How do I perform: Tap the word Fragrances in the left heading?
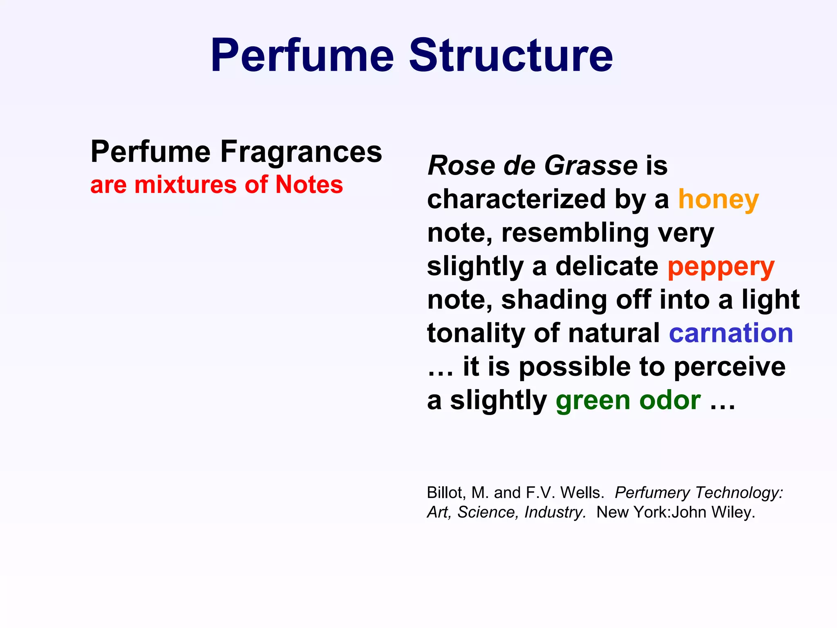point(301,152)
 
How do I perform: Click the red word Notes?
point(309,185)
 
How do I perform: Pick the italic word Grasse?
point(591,166)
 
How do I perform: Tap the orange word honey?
point(718,200)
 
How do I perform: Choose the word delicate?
point(607,266)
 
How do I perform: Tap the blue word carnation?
point(731,333)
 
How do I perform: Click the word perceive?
point(729,367)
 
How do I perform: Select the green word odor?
point(670,400)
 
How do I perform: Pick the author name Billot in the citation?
point(445,493)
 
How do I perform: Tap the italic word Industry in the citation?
point(555,512)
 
